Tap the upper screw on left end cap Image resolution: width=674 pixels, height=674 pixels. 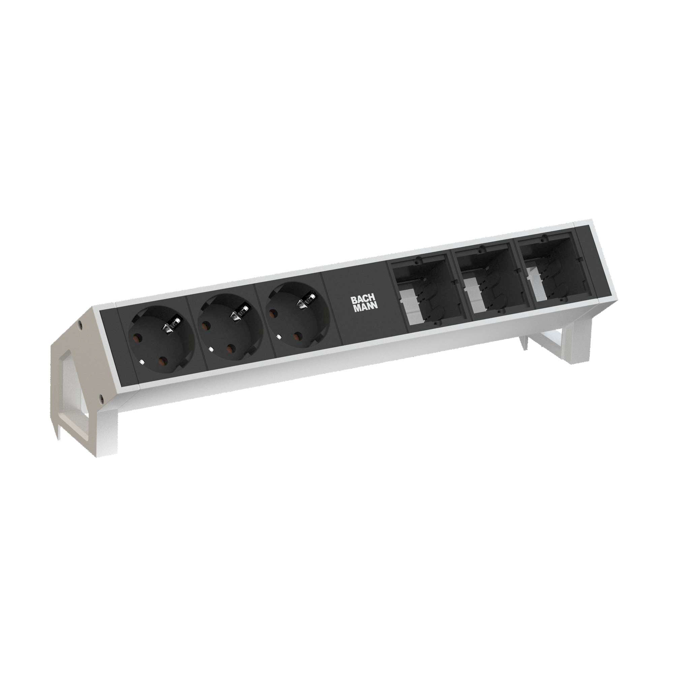(x=81, y=324)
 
